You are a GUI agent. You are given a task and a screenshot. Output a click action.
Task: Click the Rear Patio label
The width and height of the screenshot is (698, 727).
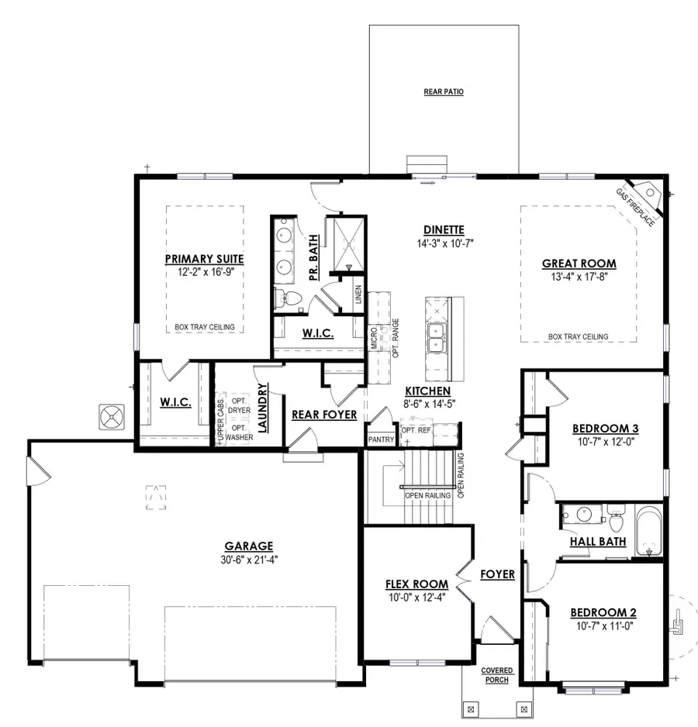(444, 92)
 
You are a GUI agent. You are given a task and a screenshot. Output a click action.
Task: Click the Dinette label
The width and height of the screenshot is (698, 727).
(444, 229)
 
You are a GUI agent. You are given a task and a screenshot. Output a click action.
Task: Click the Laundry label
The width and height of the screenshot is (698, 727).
(263, 408)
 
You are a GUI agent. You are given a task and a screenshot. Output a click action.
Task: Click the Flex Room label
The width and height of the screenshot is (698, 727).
(416, 584)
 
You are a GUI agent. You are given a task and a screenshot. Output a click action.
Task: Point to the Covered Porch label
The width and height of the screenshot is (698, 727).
(497, 675)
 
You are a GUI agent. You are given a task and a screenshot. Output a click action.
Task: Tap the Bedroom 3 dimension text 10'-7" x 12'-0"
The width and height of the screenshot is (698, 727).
(604, 442)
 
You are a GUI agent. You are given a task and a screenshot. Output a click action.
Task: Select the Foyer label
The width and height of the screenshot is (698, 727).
(497, 574)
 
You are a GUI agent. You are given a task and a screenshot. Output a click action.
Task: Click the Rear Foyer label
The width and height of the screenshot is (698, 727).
(323, 415)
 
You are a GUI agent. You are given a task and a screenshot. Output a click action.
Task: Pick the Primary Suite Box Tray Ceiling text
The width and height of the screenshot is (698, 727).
(206, 327)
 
